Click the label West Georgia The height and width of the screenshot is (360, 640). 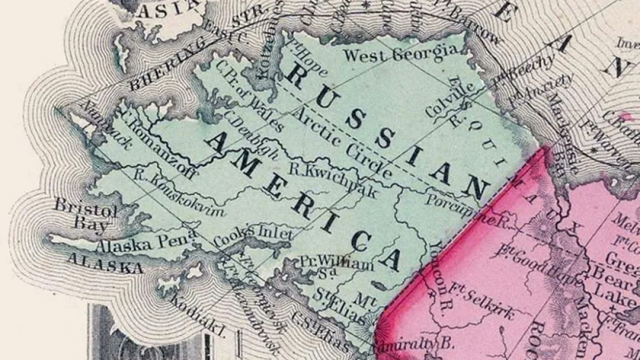point(400,53)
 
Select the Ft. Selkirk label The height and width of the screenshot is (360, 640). point(483,301)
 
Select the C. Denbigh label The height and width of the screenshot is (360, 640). point(251,133)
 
